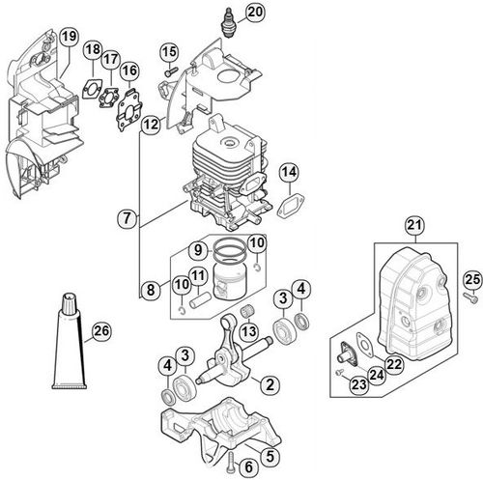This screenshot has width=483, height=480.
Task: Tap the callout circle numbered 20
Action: coord(255,12)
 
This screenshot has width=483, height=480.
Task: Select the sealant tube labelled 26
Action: coord(70,341)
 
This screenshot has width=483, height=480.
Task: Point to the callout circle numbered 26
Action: coord(101,331)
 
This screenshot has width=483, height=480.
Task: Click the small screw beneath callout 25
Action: coord(470,296)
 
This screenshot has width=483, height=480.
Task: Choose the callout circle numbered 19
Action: coord(69,37)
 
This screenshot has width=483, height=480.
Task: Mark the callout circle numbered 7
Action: coord(128,218)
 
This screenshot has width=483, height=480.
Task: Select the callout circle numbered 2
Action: coord(270,384)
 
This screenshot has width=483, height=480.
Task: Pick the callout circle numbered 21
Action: coord(414,225)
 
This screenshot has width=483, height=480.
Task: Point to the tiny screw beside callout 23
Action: coord(339,372)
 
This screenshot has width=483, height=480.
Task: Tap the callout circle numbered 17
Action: coord(111,59)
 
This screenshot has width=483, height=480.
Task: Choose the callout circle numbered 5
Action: coord(270,456)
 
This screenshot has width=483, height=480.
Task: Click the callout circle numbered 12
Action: coord(151,124)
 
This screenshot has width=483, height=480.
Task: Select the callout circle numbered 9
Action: coord(199,249)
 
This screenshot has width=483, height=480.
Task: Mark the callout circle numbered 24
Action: coord(377,375)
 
